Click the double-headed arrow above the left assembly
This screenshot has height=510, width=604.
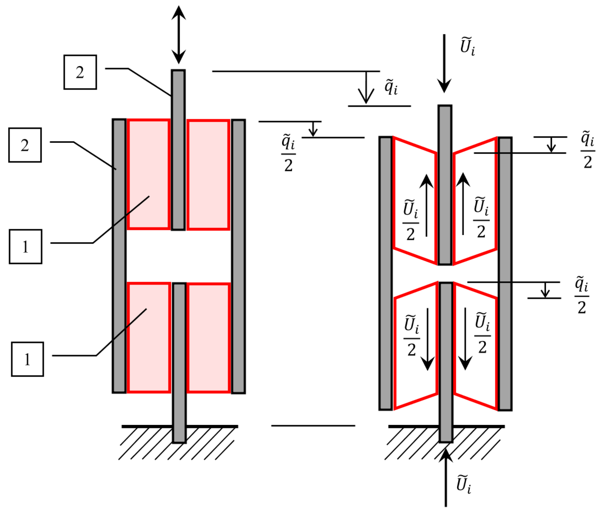[x=179, y=35]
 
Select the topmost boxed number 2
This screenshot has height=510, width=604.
[x=80, y=72]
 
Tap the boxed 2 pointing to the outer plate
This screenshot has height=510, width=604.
[x=25, y=145]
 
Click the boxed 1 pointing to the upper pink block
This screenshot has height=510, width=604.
[x=25, y=247]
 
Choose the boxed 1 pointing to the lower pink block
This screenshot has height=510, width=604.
[x=27, y=359]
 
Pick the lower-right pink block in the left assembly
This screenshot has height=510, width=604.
[x=208, y=338]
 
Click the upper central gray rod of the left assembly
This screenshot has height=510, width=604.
[x=178, y=150]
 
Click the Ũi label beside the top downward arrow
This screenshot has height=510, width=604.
[x=467, y=46]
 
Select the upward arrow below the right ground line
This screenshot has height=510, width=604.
[x=446, y=477]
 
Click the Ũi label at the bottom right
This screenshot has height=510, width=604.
[x=464, y=484]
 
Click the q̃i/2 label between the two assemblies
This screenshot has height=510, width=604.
[x=289, y=153]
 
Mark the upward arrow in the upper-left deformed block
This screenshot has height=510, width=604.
[x=426, y=205]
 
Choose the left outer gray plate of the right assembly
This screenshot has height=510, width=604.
[x=386, y=273]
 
